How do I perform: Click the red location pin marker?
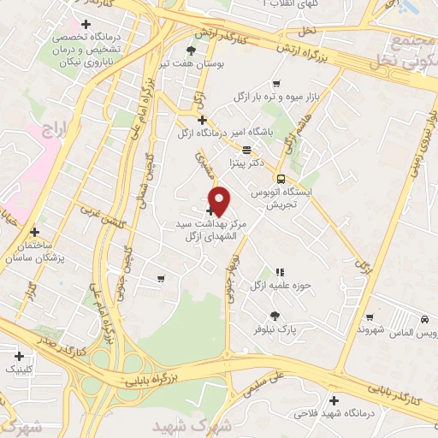click(x=220, y=201)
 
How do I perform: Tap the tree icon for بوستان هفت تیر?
click(x=191, y=50)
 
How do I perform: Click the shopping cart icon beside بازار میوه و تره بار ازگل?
click(x=276, y=84)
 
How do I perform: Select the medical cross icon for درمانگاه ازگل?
click(x=202, y=121)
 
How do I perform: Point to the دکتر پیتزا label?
click(x=243, y=161)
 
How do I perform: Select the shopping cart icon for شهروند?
click(x=369, y=317)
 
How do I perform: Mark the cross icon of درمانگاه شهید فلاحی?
click(x=334, y=400)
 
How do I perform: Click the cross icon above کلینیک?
click(x=19, y=355)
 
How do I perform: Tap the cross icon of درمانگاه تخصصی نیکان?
click(x=84, y=23)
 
